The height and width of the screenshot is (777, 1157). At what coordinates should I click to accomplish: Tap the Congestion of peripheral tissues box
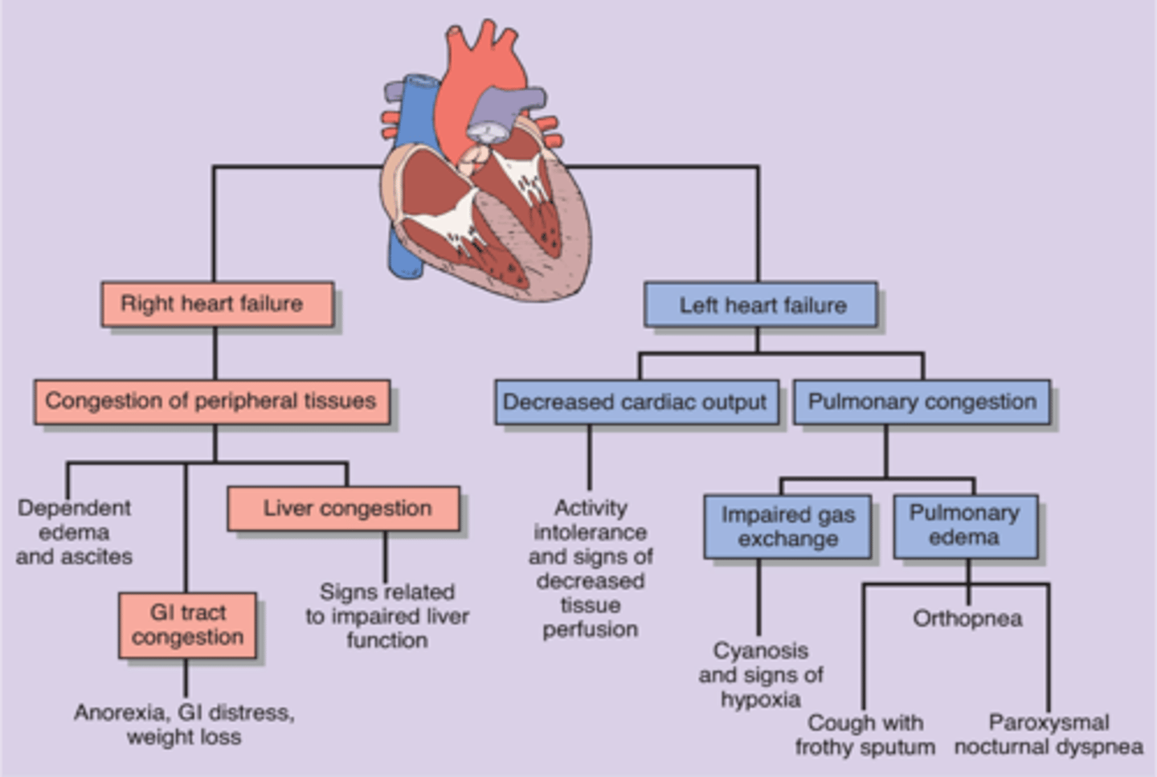(211, 401)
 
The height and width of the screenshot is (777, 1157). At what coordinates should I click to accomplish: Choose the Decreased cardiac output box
(636, 402)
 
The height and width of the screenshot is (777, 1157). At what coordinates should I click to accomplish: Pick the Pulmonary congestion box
(922, 402)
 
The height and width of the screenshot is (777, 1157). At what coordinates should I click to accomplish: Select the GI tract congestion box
(187, 625)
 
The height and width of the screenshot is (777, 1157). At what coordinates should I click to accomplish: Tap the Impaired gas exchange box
(787, 526)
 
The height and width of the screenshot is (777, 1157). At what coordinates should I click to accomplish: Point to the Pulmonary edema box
(965, 525)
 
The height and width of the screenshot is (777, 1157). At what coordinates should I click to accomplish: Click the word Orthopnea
(967, 619)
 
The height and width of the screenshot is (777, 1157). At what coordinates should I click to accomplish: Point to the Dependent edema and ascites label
(74, 532)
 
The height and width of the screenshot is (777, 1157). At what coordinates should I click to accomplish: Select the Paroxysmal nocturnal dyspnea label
(1049, 734)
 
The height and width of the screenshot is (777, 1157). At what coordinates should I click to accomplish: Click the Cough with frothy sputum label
(865, 734)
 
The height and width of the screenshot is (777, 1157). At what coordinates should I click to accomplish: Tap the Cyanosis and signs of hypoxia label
(760, 675)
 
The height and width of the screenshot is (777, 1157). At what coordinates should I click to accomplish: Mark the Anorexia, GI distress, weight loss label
(184, 725)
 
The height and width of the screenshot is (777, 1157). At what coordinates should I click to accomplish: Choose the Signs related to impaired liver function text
(386, 616)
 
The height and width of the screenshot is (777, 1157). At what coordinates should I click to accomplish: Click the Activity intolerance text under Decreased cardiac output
(591, 568)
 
